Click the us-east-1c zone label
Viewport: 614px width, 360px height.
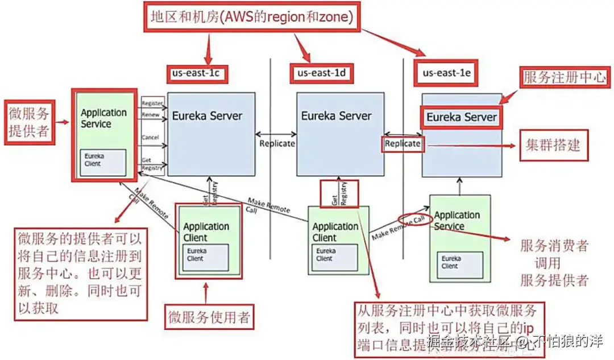click(196, 73)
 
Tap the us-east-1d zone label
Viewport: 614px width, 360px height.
click(321, 73)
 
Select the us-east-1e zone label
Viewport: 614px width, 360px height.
click(446, 73)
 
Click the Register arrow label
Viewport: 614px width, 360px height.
click(152, 104)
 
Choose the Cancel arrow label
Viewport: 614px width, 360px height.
click(151, 138)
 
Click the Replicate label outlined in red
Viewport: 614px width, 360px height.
click(403, 144)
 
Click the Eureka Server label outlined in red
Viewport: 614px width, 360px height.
click(461, 118)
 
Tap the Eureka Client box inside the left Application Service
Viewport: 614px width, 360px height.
click(103, 163)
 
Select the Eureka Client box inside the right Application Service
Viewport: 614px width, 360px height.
click(462, 261)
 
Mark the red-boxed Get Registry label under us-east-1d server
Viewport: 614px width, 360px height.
click(339, 193)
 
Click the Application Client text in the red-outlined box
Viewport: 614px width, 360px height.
click(206, 232)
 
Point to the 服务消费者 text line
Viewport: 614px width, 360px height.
click(554, 246)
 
